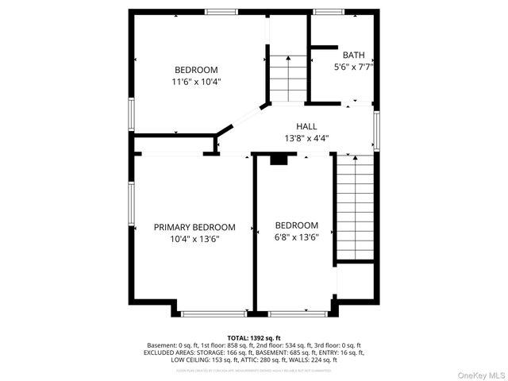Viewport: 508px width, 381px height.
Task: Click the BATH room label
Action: point(354,55)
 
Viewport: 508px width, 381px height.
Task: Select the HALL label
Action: point(306,126)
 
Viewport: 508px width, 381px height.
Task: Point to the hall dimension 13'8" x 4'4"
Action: point(306,138)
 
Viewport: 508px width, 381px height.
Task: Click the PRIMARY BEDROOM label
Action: point(194,227)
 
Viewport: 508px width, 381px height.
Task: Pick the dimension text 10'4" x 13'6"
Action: point(194,239)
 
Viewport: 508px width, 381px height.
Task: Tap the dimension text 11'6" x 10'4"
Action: point(195,81)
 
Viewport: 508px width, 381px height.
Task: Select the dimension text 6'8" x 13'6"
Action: point(297,237)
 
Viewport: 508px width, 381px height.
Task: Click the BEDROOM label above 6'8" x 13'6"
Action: point(297,225)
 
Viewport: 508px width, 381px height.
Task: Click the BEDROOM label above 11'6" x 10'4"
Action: point(195,69)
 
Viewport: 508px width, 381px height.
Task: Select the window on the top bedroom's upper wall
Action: point(221,12)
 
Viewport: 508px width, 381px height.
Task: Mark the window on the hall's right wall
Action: point(376,130)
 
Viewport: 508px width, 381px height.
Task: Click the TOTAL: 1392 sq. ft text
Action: point(254,338)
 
